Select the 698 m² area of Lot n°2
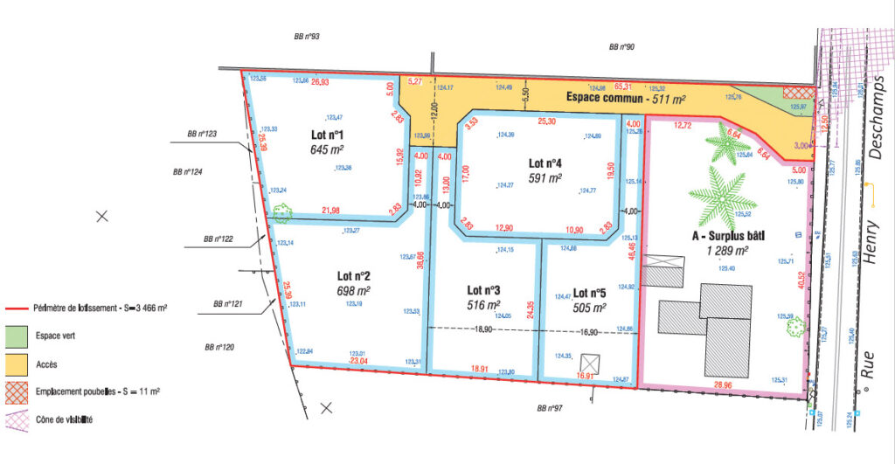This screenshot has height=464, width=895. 353,290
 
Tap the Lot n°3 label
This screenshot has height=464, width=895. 483,290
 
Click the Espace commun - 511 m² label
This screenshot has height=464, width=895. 626,98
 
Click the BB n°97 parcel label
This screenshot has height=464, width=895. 550,408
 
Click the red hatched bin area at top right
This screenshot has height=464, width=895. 797,92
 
